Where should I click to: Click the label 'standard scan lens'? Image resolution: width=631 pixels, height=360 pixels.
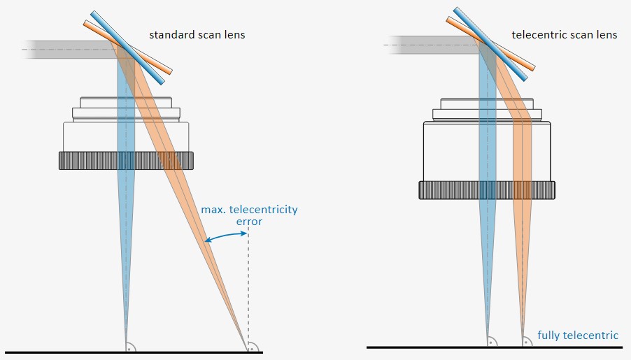tap(197, 35)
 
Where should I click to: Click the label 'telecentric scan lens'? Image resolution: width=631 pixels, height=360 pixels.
tap(565, 35)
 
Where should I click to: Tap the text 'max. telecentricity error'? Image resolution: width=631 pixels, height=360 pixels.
tap(248, 215)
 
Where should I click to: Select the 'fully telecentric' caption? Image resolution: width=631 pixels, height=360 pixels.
tap(578, 336)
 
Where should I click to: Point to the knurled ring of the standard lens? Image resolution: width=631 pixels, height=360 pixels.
tap(126, 161)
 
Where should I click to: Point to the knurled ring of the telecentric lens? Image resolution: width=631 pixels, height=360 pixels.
tap(487, 189)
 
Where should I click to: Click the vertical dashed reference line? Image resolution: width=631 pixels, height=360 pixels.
tap(248, 294)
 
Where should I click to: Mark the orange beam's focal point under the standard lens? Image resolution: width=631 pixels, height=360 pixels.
tap(247, 344)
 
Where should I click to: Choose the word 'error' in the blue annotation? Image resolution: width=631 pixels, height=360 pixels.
tap(249, 222)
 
